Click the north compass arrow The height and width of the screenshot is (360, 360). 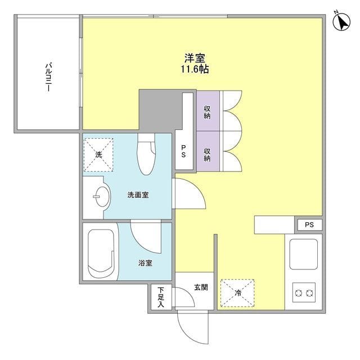tap(342, 22)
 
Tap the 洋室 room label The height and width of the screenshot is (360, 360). tap(195, 58)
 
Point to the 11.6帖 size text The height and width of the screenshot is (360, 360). tap(195, 69)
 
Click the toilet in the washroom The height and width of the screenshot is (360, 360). tap(146, 154)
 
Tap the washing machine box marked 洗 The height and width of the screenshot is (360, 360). tap(98, 155)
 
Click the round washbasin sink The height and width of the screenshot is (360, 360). tap(102, 196)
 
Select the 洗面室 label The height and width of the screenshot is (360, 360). tap(138, 195)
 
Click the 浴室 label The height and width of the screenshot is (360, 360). tap(145, 263)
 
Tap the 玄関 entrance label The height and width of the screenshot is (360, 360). tap(201, 287)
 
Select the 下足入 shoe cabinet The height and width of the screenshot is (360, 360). tap(161, 297)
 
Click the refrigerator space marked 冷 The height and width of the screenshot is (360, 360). tap(237, 293)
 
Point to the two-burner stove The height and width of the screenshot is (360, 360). tap(304, 292)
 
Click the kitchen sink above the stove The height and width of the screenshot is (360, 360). tap(304, 254)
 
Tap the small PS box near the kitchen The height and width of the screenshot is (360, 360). tap(309, 224)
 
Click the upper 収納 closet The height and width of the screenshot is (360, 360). tap(208, 111)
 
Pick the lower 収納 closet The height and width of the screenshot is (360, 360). tap(208, 151)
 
